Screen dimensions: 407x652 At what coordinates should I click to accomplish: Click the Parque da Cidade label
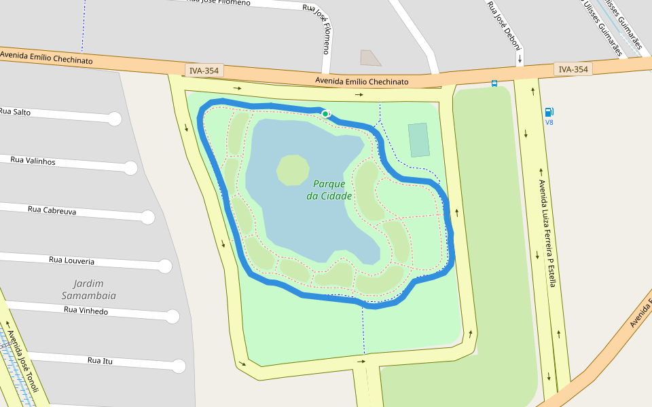point(329,190)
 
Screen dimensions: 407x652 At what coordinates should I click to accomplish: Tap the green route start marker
point(326,113)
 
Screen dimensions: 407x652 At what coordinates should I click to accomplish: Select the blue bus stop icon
point(494,83)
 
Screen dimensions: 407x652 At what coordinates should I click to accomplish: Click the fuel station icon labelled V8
point(549,112)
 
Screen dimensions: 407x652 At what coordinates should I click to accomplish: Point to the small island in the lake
point(293,170)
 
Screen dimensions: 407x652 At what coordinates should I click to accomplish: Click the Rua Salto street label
point(15,111)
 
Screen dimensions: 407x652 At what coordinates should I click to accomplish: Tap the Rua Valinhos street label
point(33,161)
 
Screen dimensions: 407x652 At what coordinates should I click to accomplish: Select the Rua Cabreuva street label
point(52,210)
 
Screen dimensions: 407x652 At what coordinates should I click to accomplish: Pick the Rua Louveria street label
point(71,260)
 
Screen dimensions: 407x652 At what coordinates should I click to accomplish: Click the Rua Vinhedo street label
point(86,310)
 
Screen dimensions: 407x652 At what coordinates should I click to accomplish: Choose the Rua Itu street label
point(100,360)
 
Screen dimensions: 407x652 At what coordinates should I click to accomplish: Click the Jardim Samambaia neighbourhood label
point(89,290)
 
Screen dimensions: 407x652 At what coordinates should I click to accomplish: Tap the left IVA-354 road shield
point(204,71)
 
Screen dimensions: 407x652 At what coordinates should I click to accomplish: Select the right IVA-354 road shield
point(573,69)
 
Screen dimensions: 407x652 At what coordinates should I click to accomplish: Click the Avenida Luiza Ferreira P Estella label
point(547,233)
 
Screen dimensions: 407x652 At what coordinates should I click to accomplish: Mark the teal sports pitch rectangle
point(419,140)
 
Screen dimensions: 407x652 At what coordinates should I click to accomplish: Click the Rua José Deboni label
point(503,25)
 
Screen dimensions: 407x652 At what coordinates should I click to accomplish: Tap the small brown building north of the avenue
point(369,58)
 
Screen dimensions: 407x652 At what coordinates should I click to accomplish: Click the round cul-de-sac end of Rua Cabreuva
point(147,218)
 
